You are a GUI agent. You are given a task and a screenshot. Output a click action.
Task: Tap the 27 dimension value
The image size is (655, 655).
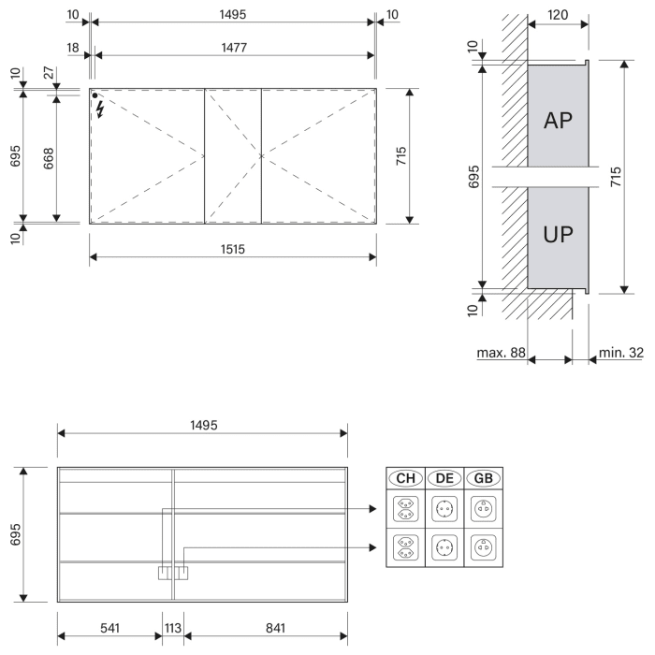coord(46,71)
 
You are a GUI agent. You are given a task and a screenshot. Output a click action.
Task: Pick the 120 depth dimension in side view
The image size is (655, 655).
coord(559,16)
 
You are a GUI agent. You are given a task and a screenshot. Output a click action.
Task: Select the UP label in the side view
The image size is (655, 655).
coord(558,234)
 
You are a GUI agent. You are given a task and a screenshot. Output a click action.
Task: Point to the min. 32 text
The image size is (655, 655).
coord(623,353)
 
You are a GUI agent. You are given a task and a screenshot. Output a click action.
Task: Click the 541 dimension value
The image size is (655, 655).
coord(109,627)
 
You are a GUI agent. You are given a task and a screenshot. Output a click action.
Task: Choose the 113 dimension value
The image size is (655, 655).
coord(174,627)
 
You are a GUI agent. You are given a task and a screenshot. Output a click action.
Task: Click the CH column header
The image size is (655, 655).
coord(406,478)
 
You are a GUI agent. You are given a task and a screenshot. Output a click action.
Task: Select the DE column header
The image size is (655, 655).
coord(444,478)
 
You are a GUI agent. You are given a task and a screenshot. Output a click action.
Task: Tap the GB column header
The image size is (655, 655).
coord(483,478)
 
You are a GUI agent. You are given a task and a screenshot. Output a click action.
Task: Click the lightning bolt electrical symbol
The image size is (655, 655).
coord(100,109)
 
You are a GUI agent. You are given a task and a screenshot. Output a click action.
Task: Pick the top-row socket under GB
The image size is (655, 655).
coord(483,510)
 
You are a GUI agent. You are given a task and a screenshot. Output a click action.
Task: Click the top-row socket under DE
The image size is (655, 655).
coord(444,510)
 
